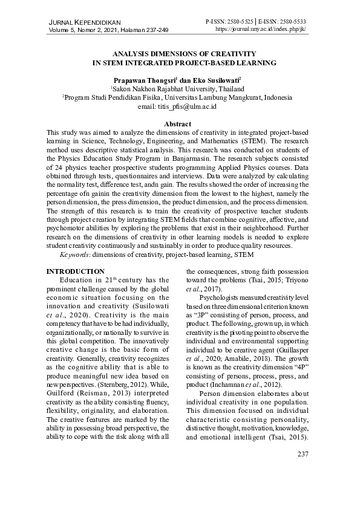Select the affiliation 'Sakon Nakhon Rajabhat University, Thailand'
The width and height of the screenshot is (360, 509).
tap(178, 88)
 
